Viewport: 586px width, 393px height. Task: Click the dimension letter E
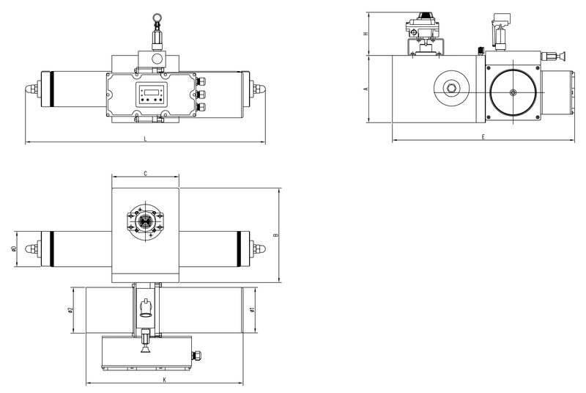tap(483, 136)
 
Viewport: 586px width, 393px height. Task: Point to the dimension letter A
tap(366, 88)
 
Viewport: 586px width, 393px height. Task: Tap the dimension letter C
tap(145, 174)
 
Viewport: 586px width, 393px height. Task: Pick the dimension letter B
tap(276, 235)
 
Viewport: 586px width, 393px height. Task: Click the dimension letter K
tap(164, 380)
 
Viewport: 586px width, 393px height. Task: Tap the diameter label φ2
tap(70, 309)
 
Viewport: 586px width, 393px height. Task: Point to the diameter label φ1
tap(252, 309)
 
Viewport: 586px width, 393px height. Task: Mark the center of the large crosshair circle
tap(513, 92)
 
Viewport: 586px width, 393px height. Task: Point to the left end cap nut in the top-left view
tap(30, 89)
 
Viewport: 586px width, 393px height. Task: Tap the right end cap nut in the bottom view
tap(259, 248)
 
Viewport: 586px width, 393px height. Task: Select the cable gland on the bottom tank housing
tap(195, 356)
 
